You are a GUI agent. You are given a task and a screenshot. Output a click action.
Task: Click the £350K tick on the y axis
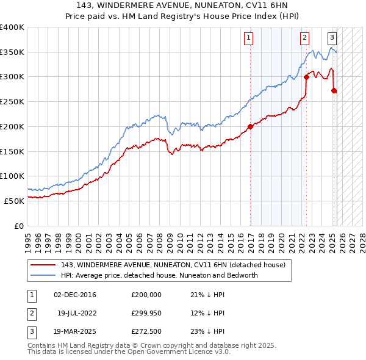click(12, 52)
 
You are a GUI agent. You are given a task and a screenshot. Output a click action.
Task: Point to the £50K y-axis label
click(15, 201)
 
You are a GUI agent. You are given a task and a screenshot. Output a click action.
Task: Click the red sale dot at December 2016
click(250, 127)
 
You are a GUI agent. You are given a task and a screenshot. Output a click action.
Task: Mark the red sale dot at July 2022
click(306, 77)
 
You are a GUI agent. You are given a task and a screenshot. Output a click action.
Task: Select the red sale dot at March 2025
click(334, 91)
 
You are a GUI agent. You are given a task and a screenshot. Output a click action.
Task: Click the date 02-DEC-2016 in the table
click(75, 295)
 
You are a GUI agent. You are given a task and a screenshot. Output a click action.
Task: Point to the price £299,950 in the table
click(147, 314)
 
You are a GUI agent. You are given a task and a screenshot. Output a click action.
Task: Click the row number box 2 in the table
click(30, 314)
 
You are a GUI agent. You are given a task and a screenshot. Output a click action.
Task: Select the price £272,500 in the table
click(147, 333)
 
